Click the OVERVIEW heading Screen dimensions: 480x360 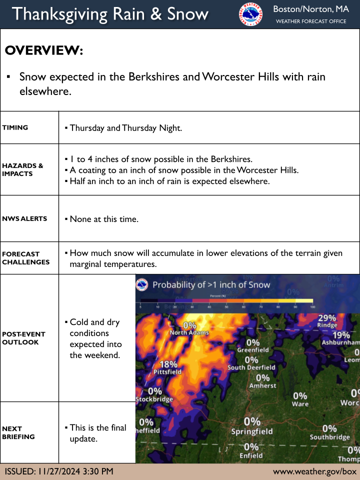click(x=43, y=50)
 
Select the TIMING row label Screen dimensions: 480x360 click(x=15, y=127)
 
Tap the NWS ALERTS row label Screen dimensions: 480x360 click(x=24, y=218)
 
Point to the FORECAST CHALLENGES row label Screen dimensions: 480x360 click(x=26, y=258)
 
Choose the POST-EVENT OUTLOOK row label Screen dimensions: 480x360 click(x=24, y=338)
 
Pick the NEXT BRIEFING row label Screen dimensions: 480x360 click(x=18, y=432)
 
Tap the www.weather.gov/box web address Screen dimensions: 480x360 click(x=314, y=471)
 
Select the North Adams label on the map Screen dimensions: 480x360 click(x=189, y=332)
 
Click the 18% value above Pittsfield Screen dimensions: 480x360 click(x=168, y=364)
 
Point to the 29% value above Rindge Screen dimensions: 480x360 click(x=327, y=318)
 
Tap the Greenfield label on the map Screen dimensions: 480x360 click(x=253, y=350)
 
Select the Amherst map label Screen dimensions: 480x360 click(x=262, y=385)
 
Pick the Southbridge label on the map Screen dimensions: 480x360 click(x=329, y=437)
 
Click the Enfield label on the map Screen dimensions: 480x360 click(x=250, y=455)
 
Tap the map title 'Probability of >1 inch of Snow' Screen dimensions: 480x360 click(x=211, y=285)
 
